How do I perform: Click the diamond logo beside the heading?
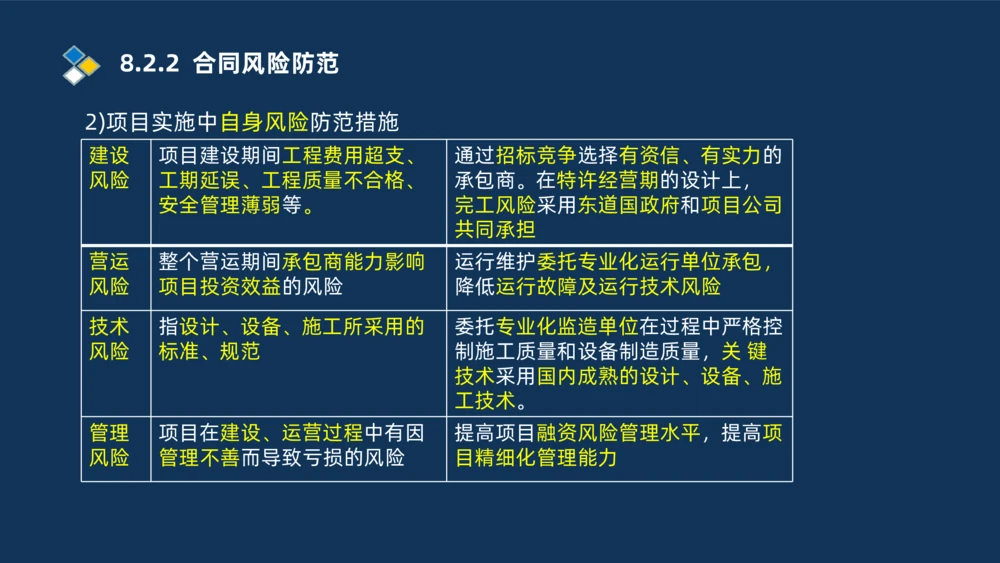[81, 64]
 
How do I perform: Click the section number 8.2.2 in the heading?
[149, 64]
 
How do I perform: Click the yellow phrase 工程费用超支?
[346, 156]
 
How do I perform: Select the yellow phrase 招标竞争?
[536, 156]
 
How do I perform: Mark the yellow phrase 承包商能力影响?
[353, 262]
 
